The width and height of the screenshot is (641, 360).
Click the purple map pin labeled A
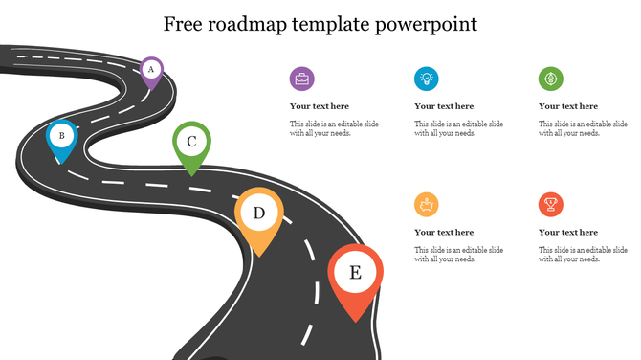coord(150,70)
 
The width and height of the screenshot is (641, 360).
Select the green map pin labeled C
coord(191,144)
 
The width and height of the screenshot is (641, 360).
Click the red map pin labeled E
coord(355,275)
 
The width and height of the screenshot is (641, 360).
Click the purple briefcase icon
coord(302,79)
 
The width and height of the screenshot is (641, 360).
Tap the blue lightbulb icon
coord(427,79)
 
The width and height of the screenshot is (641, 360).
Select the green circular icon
coord(551,79)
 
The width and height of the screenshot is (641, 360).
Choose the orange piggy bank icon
coord(427,204)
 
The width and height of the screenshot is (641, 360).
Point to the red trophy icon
coord(551,204)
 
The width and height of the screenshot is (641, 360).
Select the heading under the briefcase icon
coord(320,106)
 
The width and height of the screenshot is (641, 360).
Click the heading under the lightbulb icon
coord(444,106)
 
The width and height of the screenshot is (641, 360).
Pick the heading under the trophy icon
coord(568,232)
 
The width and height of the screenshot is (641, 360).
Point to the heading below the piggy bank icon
coord(444,232)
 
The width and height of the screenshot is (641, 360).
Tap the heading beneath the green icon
coord(568,106)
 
